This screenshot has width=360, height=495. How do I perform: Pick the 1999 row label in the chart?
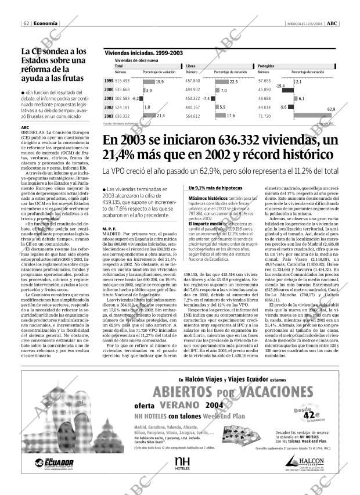(x=109, y=81)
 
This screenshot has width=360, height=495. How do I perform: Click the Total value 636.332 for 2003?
(x=123, y=116)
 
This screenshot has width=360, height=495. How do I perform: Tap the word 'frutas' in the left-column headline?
(x=69, y=78)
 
